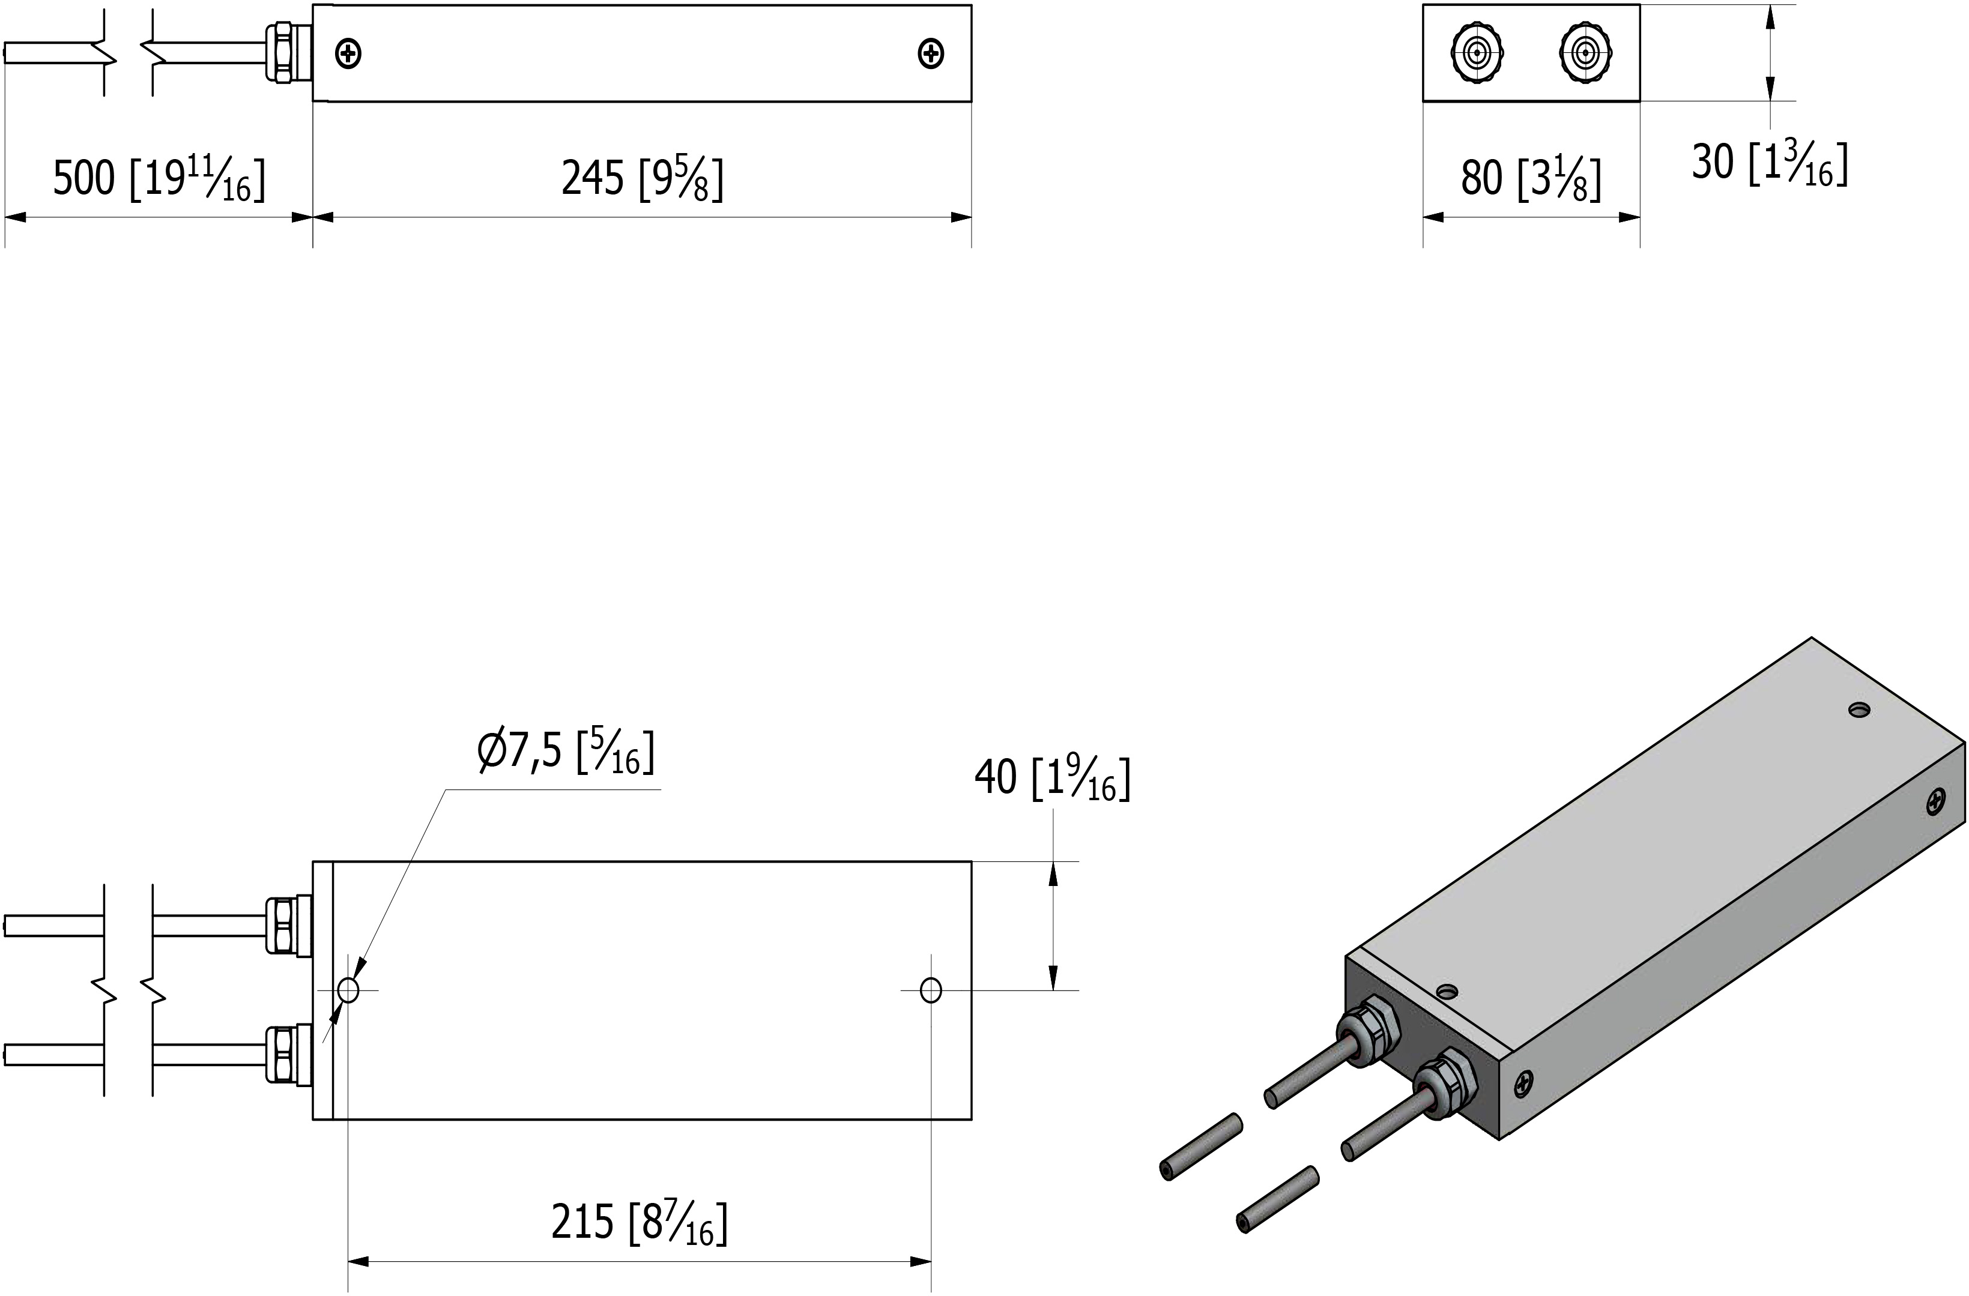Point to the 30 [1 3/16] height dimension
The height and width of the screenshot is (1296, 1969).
click(1769, 163)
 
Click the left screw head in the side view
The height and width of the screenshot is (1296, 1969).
click(348, 55)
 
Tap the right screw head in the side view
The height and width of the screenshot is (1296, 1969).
click(931, 55)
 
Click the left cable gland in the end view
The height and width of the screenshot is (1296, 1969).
click(1477, 53)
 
